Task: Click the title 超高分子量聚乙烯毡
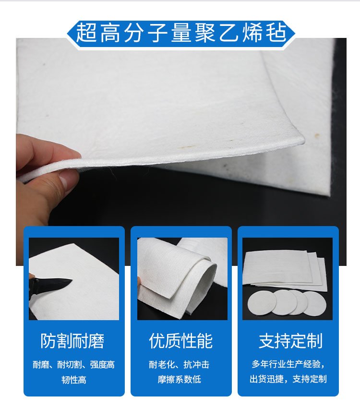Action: [181, 33]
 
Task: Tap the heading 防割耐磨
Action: [72, 341]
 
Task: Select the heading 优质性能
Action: [181, 341]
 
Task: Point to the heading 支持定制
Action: [290, 341]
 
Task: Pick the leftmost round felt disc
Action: [262, 304]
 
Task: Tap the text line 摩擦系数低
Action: [179, 379]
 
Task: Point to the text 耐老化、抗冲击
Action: [179, 364]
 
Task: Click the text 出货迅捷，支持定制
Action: [288, 379]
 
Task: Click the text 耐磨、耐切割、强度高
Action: [73, 365]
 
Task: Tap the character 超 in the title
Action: [86, 33]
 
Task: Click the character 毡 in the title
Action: [276, 33]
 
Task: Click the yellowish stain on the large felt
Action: [188, 147]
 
